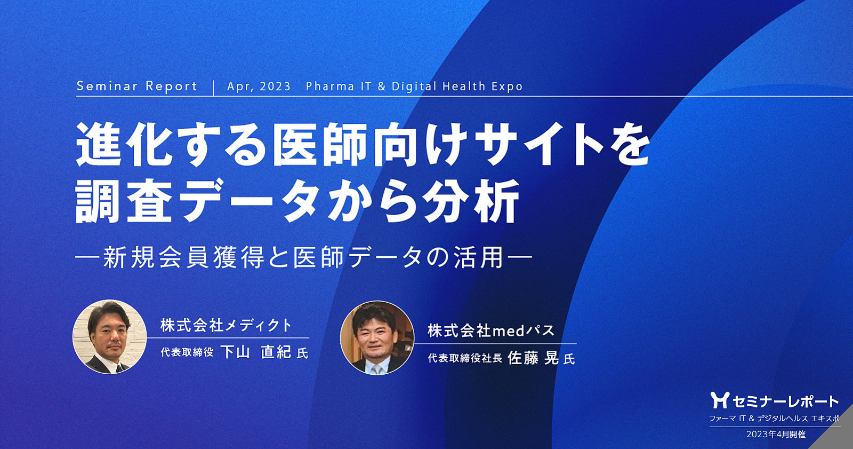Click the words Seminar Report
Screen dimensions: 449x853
pos(137,86)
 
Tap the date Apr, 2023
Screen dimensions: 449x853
pos(259,86)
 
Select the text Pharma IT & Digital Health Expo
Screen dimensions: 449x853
pos(414,86)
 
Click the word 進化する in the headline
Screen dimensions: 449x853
pos(171,144)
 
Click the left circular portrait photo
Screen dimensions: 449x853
pos(110,336)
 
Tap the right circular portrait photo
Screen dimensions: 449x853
pos(377,338)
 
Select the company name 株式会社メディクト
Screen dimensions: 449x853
pos(226,325)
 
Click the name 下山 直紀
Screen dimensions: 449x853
pos(256,352)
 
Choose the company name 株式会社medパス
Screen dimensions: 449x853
pos(491,330)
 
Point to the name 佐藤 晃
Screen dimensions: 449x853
pos(533,358)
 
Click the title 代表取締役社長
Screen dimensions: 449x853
pos(464,358)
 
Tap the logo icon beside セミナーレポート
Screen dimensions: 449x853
pos(720,400)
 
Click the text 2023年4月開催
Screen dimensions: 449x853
pos(776,434)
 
